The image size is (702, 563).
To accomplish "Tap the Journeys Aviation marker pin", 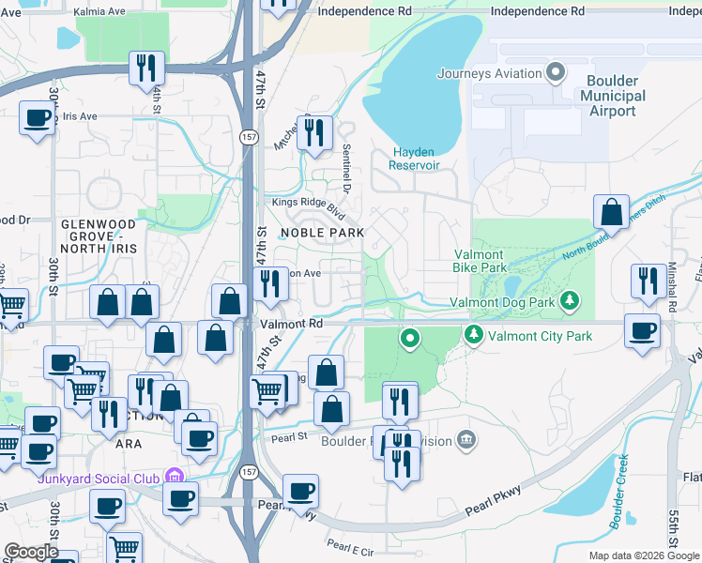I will [x=556, y=72].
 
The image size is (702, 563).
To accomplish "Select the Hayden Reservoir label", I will [x=416, y=159].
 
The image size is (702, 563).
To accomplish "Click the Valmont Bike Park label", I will [x=480, y=261].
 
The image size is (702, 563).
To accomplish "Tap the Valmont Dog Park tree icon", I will [x=568, y=301].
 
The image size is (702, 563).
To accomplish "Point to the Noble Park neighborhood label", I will [x=322, y=232].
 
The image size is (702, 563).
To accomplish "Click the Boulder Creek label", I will [x=618, y=490].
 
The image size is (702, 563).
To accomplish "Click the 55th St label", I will [x=674, y=531].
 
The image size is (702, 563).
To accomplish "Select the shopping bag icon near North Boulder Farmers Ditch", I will [x=611, y=213].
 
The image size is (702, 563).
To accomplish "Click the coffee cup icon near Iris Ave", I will [x=37, y=118].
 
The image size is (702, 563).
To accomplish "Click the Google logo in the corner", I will [x=31, y=552].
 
